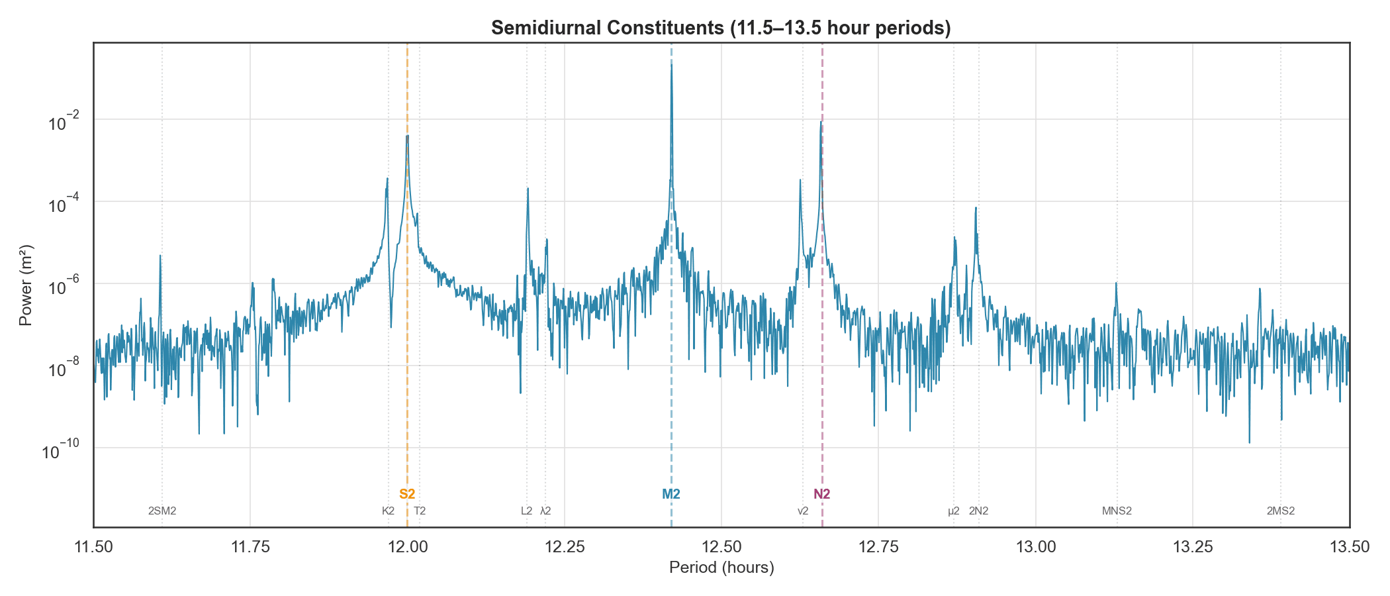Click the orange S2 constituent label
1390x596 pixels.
tap(407, 494)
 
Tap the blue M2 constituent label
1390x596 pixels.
tap(671, 494)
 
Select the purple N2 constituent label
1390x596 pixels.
tap(822, 494)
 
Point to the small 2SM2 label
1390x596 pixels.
tap(162, 511)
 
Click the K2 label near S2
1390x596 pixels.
tap(389, 511)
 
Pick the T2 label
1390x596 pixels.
tap(420, 511)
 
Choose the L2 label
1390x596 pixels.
tap(526, 511)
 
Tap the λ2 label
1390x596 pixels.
tap(545, 511)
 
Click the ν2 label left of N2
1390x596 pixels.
tap(803, 511)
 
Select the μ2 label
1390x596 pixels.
tap(954, 511)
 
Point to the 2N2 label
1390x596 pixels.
tap(978, 511)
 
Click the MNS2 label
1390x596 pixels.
tap(1117, 511)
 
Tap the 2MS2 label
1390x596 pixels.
tap(1281, 511)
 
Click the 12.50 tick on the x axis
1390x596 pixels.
tap(721, 547)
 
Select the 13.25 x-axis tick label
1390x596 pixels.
tap(1193, 547)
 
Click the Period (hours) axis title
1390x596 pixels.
tap(721, 568)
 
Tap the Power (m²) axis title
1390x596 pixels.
tap(26, 285)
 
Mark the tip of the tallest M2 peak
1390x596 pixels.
tap(671, 64)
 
